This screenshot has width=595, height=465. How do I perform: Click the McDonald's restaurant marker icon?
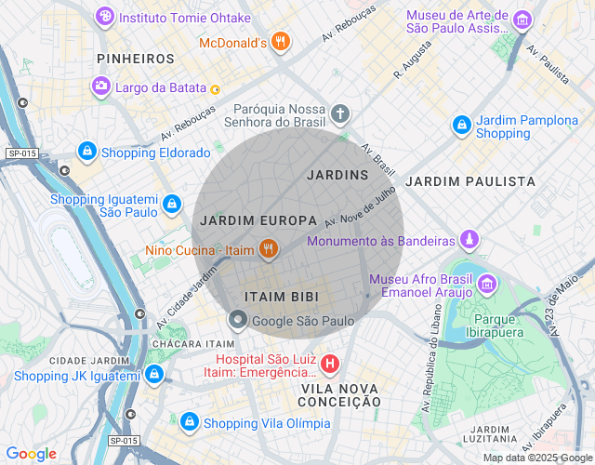tap(280, 42)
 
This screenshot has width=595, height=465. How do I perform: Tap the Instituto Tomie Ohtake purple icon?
tap(106, 17)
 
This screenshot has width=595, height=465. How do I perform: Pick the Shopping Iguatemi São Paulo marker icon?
tap(171, 203)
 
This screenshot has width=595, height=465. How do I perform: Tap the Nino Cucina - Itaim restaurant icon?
tap(268, 248)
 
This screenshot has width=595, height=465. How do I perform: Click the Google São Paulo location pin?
tap(238, 321)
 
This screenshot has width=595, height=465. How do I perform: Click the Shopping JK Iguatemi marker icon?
tap(154, 374)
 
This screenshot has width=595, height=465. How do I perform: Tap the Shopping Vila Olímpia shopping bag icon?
tap(190, 421)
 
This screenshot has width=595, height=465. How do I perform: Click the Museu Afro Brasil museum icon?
tap(487, 284)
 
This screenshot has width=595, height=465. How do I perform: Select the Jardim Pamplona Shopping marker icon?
tap(461, 124)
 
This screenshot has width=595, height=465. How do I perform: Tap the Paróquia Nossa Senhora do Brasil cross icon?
tap(340, 114)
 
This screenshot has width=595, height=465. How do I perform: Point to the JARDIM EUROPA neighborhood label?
tap(258, 220)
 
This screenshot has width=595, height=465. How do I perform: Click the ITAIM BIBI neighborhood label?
tap(281, 297)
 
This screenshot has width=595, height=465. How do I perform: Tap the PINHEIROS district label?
tap(136, 59)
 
